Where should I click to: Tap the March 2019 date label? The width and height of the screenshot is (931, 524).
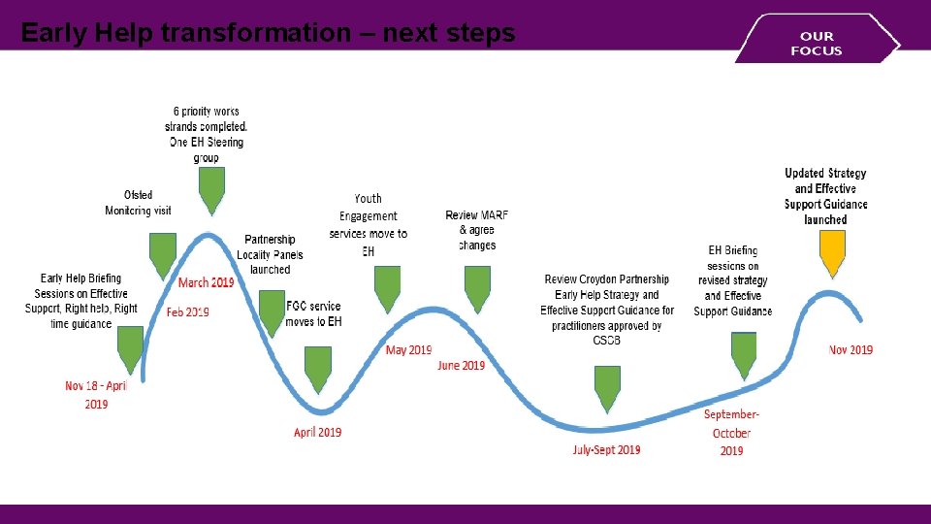pyautogui.click(x=206, y=282)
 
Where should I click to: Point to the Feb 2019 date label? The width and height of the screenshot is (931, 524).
pyautogui.click(x=188, y=312)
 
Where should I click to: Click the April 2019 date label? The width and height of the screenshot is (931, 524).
pyautogui.click(x=317, y=432)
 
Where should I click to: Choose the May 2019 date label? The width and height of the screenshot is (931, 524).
pyautogui.click(x=408, y=349)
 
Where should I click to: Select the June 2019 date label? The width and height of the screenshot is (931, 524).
pyautogui.click(x=461, y=365)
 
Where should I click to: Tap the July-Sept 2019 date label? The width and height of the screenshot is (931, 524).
pyautogui.click(x=606, y=449)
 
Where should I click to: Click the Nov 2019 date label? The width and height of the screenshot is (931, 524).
pyautogui.click(x=851, y=350)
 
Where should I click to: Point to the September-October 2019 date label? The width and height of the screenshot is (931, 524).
pyautogui.click(x=731, y=433)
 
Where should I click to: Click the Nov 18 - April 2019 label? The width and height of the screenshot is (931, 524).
pyautogui.click(x=95, y=394)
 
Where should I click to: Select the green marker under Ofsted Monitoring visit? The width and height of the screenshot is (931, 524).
pyautogui.click(x=163, y=254)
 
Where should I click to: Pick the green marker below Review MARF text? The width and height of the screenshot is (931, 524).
pyautogui.click(x=477, y=287)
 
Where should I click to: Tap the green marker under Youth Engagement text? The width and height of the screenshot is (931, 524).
pyautogui.click(x=387, y=287)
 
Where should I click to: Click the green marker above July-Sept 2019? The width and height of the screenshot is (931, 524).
pyautogui.click(x=607, y=387)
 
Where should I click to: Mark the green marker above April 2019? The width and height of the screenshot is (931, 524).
pyautogui.click(x=318, y=368)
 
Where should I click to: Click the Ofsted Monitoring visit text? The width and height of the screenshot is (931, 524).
pyautogui.click(x=139, y=203)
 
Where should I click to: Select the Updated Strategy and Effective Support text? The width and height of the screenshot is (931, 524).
pyautogui.click(x=826, y=197)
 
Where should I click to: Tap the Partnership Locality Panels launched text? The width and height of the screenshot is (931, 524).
pyautogui.click(x=270, y=254)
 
